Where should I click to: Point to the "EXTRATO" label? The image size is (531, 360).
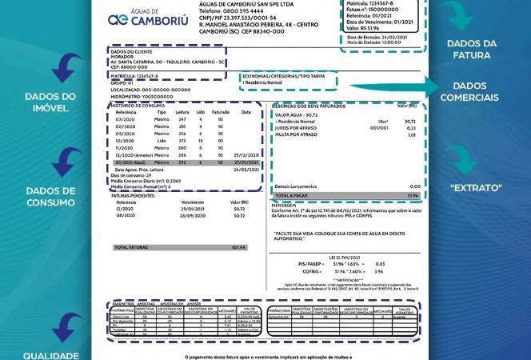click(475, 187)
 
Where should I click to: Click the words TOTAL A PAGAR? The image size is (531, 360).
click(293, 194)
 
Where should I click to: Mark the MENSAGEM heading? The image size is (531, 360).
click(285, 203)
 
